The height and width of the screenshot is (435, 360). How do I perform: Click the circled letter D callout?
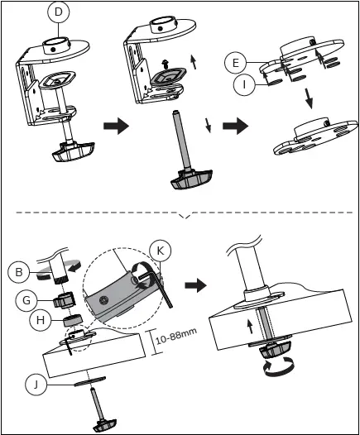tap(58, 13)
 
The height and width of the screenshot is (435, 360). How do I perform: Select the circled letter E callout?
tap(235, 63)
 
